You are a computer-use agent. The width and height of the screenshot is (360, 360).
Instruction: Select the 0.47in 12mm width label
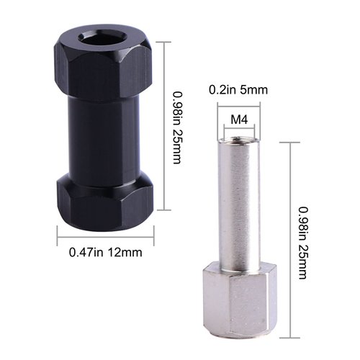point(106,252)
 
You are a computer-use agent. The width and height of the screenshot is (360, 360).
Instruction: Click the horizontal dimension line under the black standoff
point(105,234)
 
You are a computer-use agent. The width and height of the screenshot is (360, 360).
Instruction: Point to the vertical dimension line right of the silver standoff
point(291,239)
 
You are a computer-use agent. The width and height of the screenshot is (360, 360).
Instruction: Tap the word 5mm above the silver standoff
point(253,90)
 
